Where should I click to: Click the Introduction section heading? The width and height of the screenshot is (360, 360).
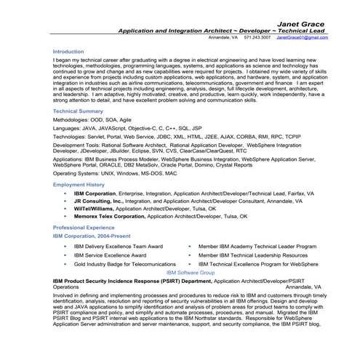68,52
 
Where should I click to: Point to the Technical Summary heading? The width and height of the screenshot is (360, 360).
78,110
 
